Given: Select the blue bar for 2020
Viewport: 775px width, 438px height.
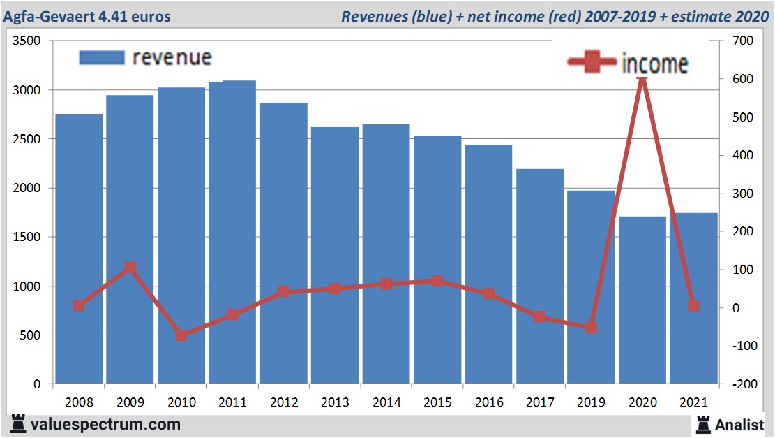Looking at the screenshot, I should coord(642,300).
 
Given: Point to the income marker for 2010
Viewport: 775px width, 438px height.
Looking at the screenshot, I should coord(181,335).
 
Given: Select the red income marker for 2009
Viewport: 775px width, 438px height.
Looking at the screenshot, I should coord(130,268).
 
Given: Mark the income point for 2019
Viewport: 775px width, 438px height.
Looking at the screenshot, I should coord(591,327).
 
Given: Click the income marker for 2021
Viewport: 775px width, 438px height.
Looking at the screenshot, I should coord(693,306).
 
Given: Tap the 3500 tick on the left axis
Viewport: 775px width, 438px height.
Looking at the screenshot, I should coord(30,41).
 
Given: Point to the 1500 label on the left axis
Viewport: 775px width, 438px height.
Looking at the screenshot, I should coord(30,238).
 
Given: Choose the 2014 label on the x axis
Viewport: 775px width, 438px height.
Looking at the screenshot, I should coord(386,403).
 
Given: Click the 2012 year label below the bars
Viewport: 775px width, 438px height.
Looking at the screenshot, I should coord(284,403).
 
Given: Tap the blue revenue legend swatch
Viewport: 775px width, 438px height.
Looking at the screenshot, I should coord(102,57).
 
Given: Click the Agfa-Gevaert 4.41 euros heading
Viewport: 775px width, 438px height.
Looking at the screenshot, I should coord(86,15).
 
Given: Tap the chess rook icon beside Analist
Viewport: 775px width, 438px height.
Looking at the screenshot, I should coord(702,423).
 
